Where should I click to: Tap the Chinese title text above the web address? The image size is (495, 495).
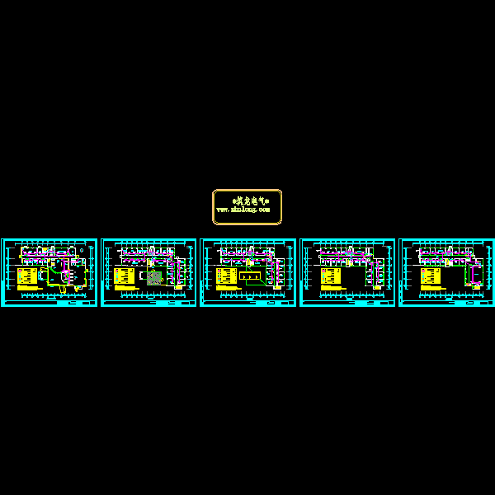point(247,200)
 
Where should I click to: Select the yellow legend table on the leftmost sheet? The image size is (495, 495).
point(27,276)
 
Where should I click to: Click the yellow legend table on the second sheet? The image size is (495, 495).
point(125,276)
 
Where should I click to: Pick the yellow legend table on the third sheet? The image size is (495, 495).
point(224,276)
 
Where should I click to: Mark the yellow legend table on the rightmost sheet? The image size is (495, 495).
point(430,274)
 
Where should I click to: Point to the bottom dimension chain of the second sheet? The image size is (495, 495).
point(148,295)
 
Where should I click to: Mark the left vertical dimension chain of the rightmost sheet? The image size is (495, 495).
point(405,268)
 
